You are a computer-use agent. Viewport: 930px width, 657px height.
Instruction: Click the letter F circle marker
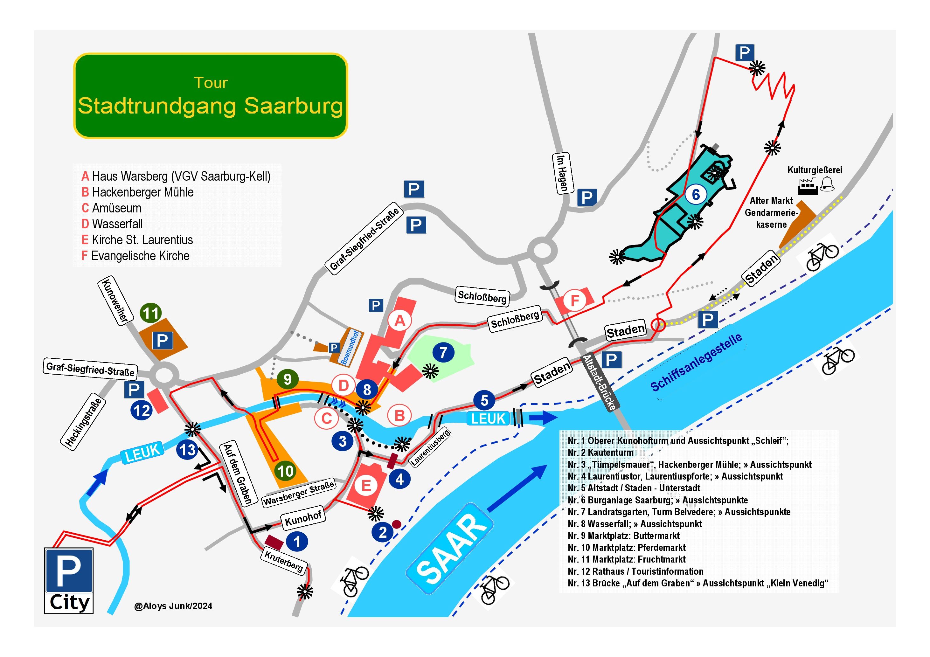574,301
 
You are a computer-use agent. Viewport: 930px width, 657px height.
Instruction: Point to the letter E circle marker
366,485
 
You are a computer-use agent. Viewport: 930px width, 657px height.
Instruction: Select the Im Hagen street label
563,173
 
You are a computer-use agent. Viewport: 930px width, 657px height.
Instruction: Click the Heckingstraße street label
83,423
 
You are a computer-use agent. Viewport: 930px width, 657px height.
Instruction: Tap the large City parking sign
69,580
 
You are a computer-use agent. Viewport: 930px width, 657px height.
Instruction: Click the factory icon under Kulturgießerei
808,187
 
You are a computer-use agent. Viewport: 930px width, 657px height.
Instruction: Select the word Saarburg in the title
293,106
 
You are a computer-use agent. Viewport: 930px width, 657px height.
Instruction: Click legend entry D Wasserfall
112,224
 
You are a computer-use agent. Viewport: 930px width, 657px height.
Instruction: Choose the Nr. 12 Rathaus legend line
635,571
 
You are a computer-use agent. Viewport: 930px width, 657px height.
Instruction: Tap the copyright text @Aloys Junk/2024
173,606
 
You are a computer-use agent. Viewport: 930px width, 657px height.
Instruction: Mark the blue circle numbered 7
443,352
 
